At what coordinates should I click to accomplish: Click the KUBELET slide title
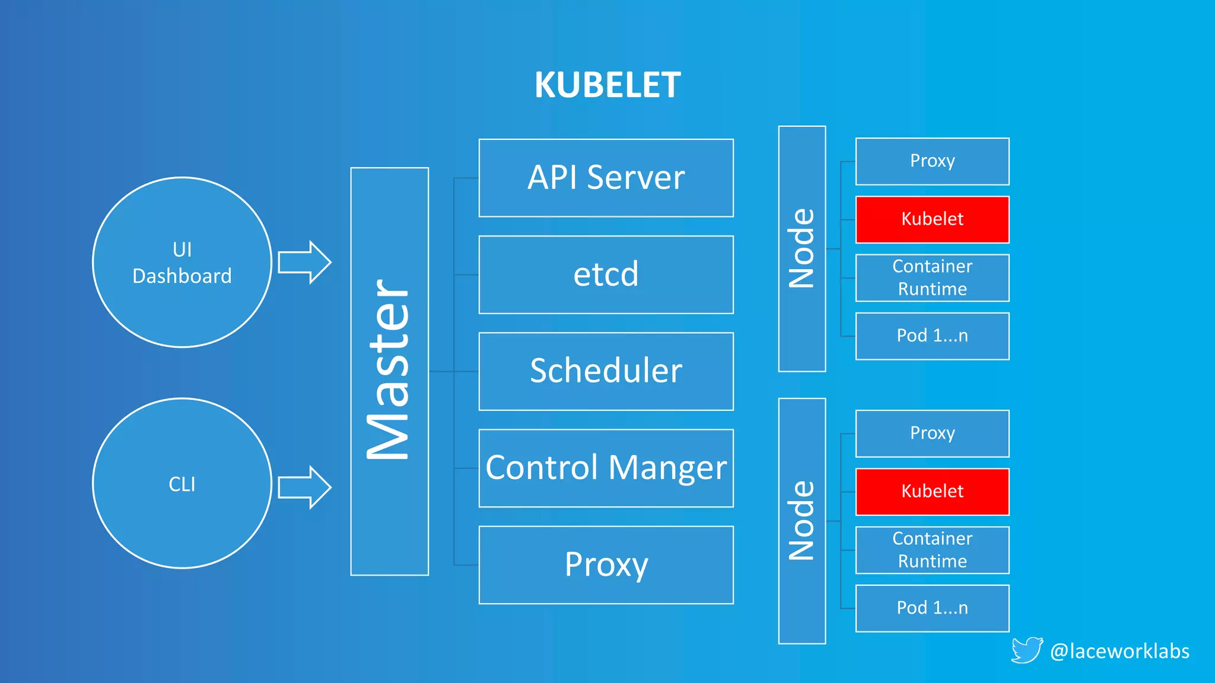[607, 85]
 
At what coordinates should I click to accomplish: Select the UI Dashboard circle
[182, 262]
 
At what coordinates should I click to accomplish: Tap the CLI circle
[182, 483]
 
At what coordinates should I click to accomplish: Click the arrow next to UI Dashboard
[304, 262]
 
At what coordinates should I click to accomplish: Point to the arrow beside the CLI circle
[304, 487]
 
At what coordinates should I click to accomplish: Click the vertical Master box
[389, 371]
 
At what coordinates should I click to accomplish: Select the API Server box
[606, 178]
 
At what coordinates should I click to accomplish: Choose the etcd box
[606, 275]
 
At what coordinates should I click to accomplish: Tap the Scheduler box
[606, 371]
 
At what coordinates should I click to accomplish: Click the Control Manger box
[606, 468]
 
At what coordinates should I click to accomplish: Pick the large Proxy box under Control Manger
[606, 564]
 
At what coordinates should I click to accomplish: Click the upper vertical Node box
[801, 248]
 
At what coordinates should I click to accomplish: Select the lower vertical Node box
[801, 521]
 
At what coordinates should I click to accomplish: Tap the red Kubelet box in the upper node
[932, 219]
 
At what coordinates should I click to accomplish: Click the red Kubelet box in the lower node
[932, 491]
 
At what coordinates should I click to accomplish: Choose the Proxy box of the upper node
[932, 161]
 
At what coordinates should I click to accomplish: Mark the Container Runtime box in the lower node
[932, 550]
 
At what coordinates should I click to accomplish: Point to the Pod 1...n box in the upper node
[932, 336]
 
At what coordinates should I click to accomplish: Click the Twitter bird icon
[1026, 650]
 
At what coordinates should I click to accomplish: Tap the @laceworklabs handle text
[1119, 651]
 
